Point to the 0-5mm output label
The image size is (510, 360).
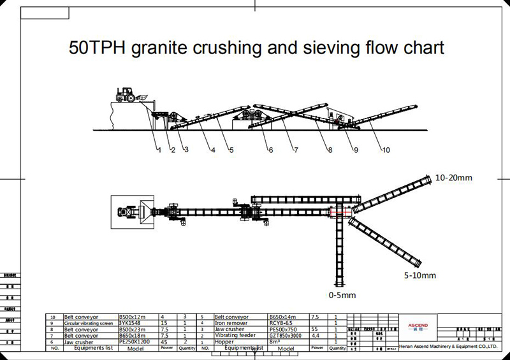point(342,295)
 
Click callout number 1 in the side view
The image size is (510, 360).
point(158,151)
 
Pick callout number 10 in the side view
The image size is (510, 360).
point(386,151)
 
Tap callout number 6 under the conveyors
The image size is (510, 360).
point(270,151)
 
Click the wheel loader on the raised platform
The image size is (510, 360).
point(127,96)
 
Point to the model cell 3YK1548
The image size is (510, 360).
point(131,323)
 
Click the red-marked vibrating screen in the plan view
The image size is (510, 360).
point(337,212)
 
